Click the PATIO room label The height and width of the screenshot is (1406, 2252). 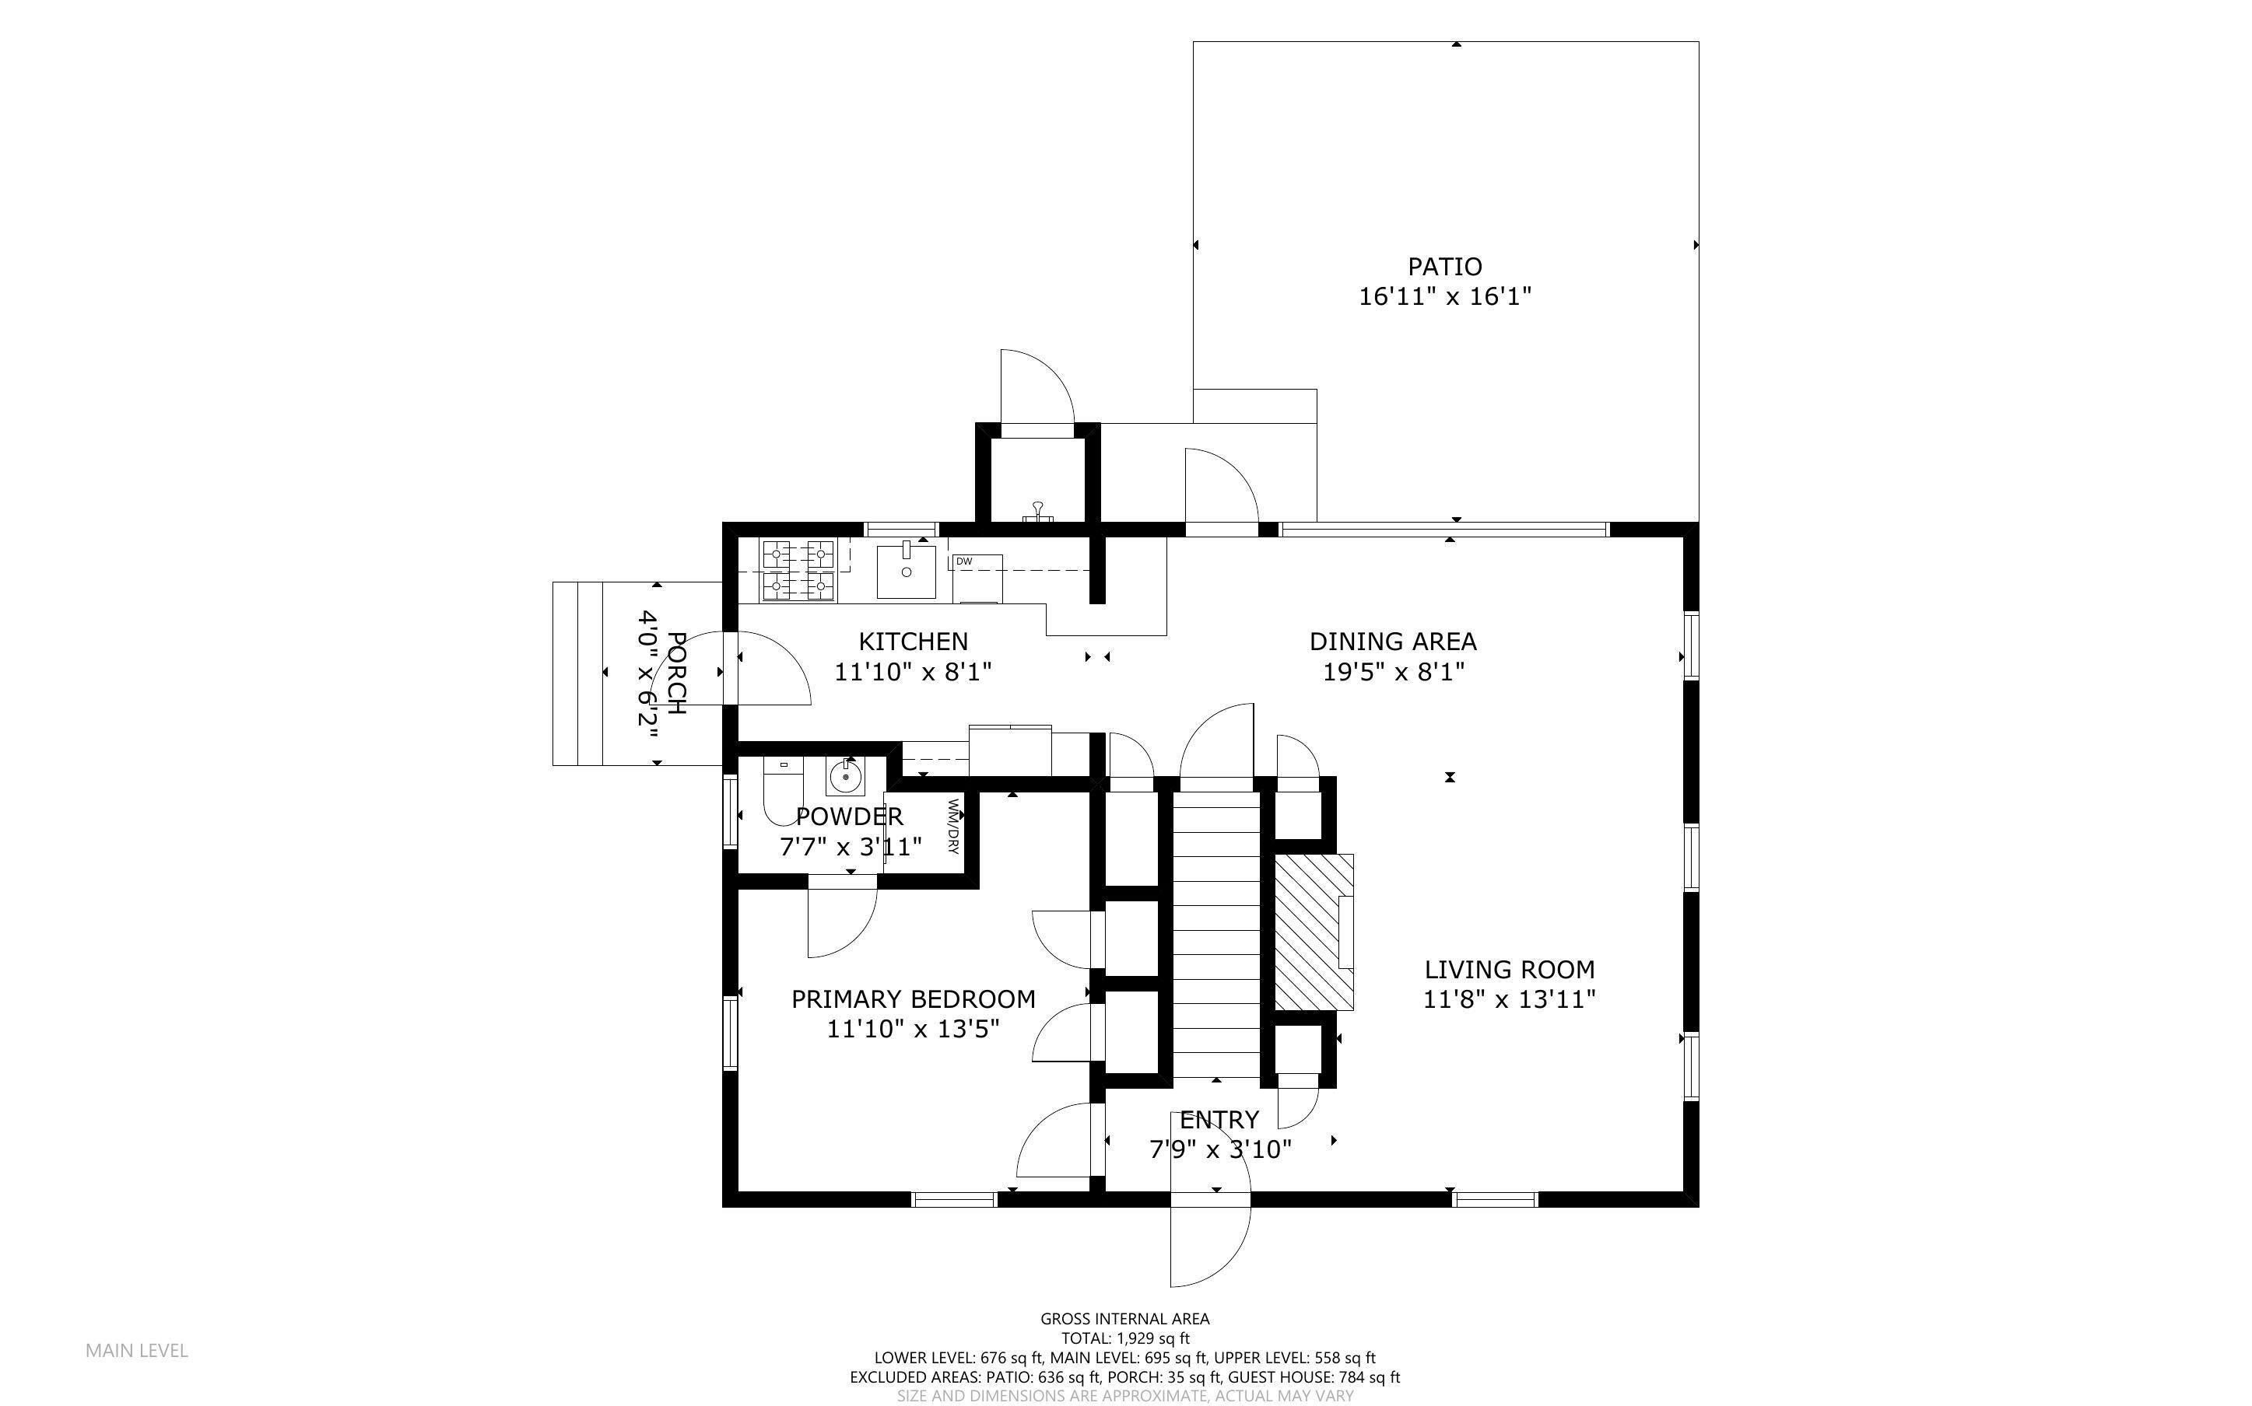pyautogui.click(x=1444, y=267)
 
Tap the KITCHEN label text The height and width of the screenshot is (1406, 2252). pyautogui.click(x=913, y=642)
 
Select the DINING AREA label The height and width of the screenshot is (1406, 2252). pyautogui.click(x=1392, y=642)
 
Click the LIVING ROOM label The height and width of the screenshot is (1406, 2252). pyautogui.click(x=1510, y=970)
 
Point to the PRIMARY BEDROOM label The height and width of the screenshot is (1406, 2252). pyautogui.click(x=913, y=999)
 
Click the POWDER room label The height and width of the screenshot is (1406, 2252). pyautogui.click(x=849, y=817)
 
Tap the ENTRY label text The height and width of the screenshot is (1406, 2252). pyautogui.click(x=1219, y=1120)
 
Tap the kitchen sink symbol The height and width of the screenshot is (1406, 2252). pyautogui.click(x=906, y=571)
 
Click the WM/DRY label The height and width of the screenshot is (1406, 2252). pyautogui.click(x=952, y=826)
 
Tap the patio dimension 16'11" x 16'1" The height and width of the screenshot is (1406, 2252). pyautogui.click(x=1444, y=296)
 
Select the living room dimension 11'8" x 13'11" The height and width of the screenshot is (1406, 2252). pyautogui.click(x=1510, y=999)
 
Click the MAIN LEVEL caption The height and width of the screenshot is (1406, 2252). pyautogui.click(x=137, y=1350)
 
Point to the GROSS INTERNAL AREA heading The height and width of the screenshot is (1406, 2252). pyautogui.click(x=1124, y=1319)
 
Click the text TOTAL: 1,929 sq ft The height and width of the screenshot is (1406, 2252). pyautogui.click(x=1124, y=1339)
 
